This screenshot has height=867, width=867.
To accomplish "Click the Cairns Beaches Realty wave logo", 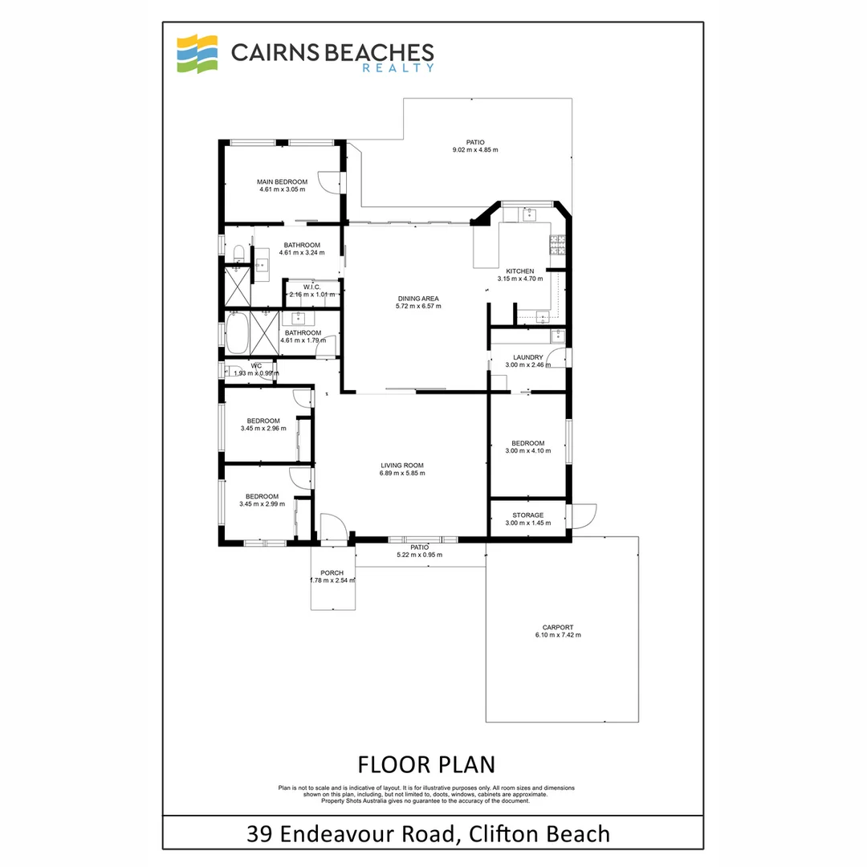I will point(197,54).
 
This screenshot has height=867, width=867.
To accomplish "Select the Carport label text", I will point(557,628).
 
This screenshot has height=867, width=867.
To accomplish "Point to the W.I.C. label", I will point(312,287).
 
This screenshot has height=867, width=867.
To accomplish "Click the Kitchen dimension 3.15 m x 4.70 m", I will point(519,279).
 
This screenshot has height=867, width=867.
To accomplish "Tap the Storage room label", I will point(528,515).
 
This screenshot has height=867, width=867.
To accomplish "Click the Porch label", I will point(332,572).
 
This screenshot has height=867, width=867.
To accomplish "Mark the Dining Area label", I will point(417,298).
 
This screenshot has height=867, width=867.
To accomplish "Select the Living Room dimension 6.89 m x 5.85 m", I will point(402,474).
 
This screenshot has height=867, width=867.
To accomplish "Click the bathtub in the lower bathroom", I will point(237,333).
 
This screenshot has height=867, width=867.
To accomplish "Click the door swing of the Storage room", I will point(584,516).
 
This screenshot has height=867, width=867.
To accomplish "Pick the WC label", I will point(256,365).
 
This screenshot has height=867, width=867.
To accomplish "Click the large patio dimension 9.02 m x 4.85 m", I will point(475,150).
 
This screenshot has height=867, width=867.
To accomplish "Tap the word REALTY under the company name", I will point(409,68).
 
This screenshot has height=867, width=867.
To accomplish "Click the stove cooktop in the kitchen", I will point(557,242).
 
